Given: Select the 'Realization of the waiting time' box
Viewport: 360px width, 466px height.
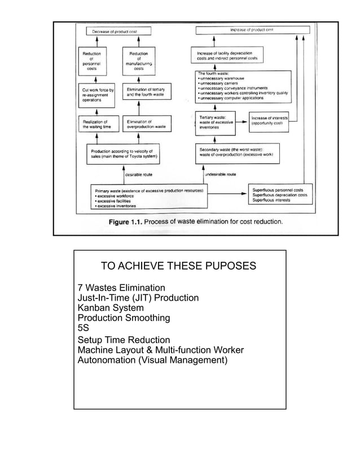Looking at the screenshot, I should (x=96, y=124).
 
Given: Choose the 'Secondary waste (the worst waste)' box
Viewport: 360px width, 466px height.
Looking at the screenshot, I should (x=235, y=152).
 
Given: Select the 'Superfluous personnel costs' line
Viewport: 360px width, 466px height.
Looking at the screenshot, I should (x=279, y=191).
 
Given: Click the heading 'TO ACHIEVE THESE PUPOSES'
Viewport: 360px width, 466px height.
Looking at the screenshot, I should (x=178, y=266).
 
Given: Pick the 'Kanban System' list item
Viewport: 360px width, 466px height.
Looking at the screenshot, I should (x=110, y=308).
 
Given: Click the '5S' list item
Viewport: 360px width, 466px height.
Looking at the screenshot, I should (x=83, y=328).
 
